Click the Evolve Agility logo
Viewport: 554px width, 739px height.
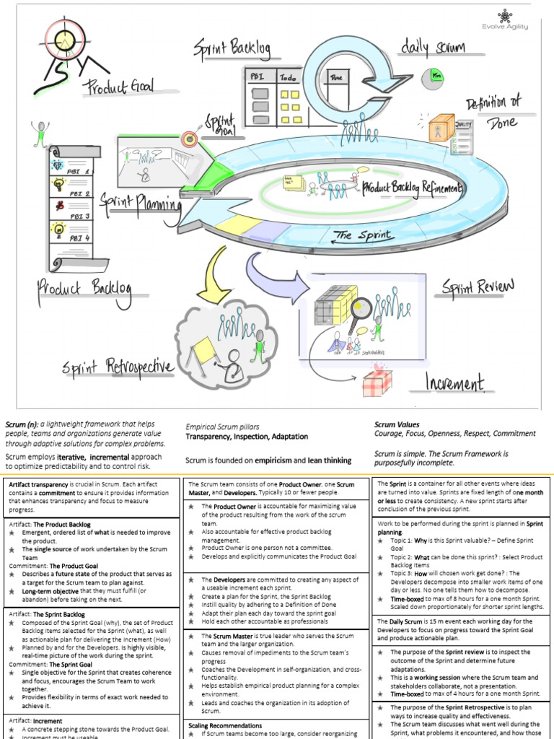click(x=504, y=19)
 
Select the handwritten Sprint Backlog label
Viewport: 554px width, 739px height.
click(x=231, y=50)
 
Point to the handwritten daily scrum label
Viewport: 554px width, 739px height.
click(x=432, y=48)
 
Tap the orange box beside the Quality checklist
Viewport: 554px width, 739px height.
click(x=441, y=129)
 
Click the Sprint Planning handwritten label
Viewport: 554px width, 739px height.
click(x=141, y=201)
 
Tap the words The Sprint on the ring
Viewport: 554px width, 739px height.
click(x=364, y=235)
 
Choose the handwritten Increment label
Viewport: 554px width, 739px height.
click(x=454, y=382)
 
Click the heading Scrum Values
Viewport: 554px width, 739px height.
click(x=397, y=424)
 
